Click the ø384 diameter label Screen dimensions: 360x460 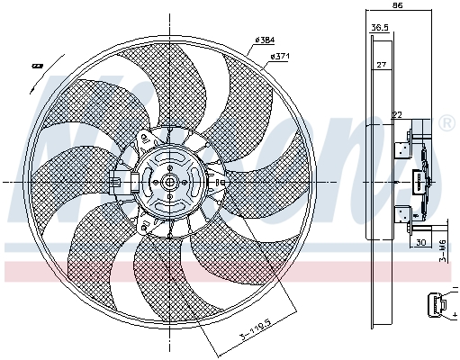(x=266, y=40)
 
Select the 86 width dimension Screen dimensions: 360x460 (x=398, y=6)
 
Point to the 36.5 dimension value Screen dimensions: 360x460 (x=380, y=28)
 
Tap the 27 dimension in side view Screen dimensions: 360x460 (x=381, y=65)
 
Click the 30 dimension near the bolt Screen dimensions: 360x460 (x=419, y=242)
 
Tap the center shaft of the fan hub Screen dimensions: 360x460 (x=168, y=181)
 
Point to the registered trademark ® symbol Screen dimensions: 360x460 (x=447, y=121)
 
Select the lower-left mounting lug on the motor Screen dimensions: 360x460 (x=145, y=223)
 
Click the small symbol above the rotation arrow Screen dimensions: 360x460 (x=38, y=66)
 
